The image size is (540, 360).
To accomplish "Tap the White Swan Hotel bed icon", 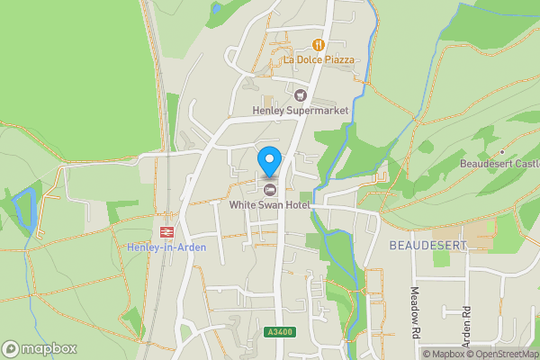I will (x=269, y=187).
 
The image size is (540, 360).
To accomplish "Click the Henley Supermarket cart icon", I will (x=301, y=94).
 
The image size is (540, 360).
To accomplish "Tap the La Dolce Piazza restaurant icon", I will (x=318, y=44).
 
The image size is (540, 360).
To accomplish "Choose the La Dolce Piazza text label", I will (x=319, y=59).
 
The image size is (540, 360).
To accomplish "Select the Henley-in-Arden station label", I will (x=166, y=247).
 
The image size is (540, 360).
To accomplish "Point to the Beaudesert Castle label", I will (x=499, y=164).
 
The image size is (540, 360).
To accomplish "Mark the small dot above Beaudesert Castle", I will (x=502, y=151).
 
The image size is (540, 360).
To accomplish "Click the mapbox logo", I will (x=40, y=348).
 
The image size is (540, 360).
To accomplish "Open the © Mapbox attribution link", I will (x=444, y=354).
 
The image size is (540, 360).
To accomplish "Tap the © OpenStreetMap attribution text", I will (x=503, y=354).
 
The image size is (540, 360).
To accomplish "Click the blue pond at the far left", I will (x=24, y=209).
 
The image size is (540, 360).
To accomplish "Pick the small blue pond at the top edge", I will (x=216, y=8).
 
